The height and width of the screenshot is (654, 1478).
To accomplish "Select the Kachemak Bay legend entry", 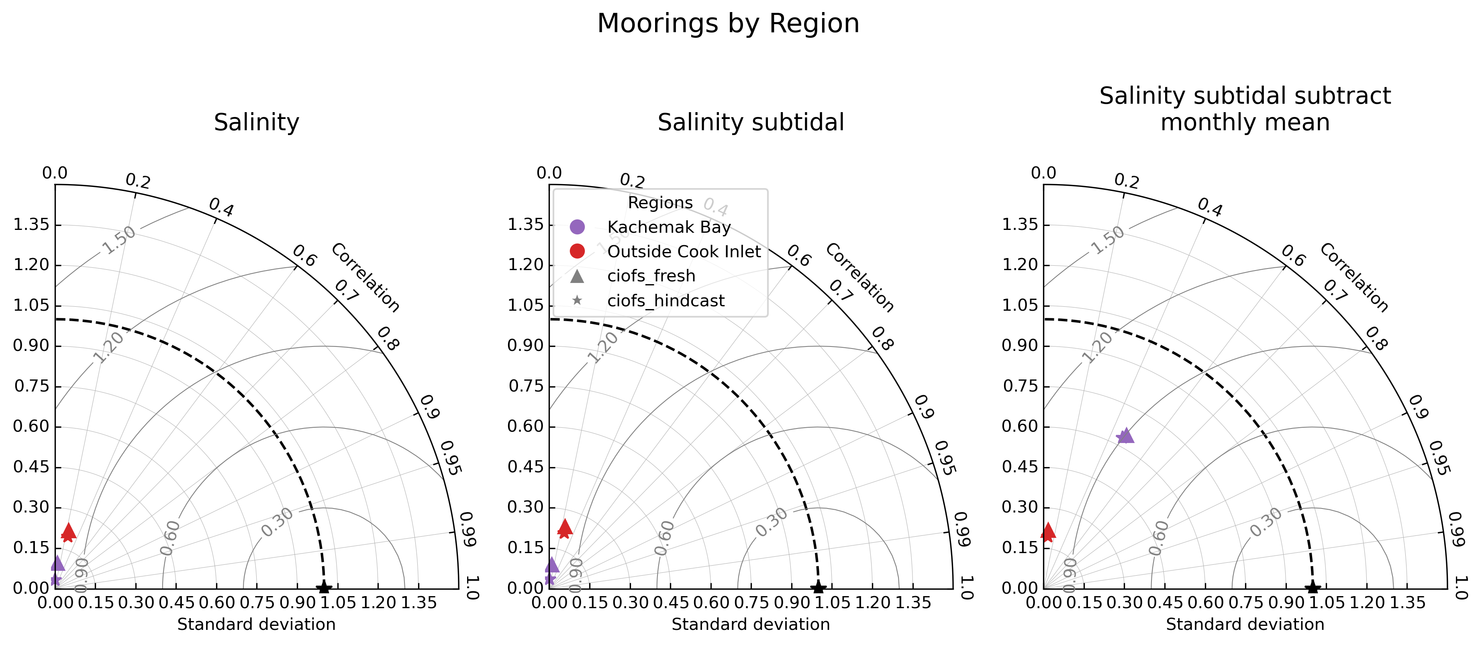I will [x=668, y=228].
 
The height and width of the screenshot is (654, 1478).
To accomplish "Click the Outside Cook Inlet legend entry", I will [x=683, y=252].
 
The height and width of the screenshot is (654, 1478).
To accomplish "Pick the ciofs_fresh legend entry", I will [x=651, y=276].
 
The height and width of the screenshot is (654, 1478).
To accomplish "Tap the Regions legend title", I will [x=660, y=203].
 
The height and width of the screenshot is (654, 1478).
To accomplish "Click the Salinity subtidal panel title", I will [x=751, y=122].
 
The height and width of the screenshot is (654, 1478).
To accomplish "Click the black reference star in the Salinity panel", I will [x=324, y=587].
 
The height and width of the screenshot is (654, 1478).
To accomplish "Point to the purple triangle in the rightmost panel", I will [x=1126, y=435].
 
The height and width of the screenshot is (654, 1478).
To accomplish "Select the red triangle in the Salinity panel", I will [x=69, y=530].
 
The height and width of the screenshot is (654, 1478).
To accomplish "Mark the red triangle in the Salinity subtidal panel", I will [x=565, y=526].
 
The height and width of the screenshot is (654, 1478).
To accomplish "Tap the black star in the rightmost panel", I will [x=1312, y=587].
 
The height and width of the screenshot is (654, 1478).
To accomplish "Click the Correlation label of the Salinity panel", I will [x=365, y=277].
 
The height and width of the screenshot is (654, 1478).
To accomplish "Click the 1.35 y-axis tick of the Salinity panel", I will [x=32, y=225].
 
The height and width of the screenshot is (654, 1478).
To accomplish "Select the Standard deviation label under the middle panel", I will [x=751, y=624].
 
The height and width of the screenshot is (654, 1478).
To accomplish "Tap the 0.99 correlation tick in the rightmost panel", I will [x=1456, y=529].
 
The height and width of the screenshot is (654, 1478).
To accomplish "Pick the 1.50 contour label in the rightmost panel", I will [x=1107, y=240].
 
